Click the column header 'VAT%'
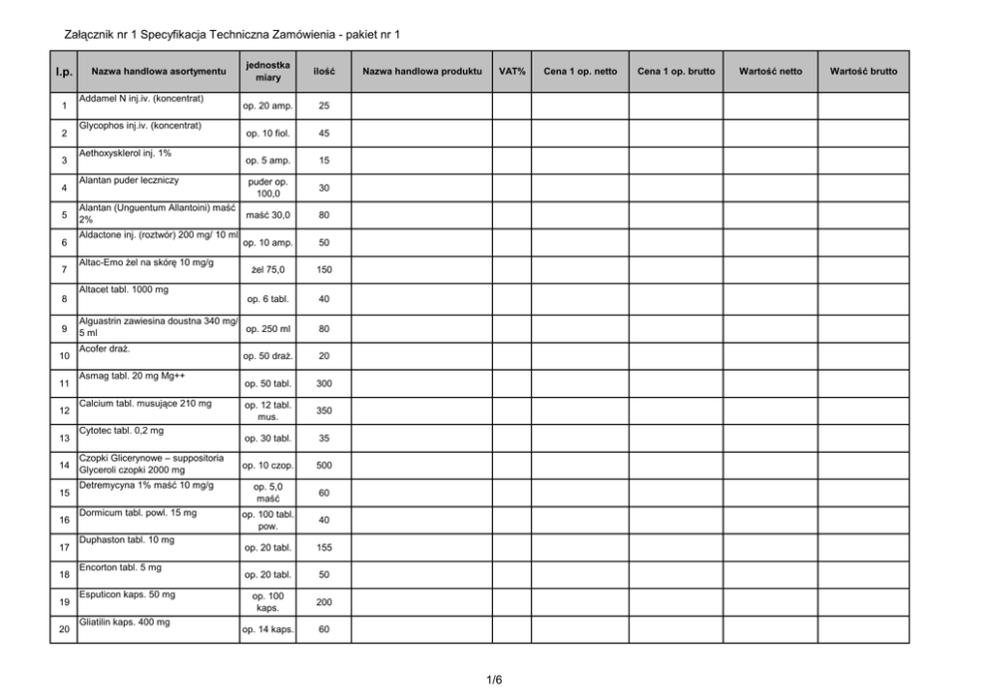click(512, 72)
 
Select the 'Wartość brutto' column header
click(862, 72)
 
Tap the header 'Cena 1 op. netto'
click(580, 72)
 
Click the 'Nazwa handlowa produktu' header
click(422, 72)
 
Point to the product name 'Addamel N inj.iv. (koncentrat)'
click(141, 99)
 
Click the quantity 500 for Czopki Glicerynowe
click(323, 465)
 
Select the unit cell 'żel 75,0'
click(268, 270)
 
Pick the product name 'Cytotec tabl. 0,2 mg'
click(121, 430)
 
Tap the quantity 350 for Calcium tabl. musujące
click(323, 410)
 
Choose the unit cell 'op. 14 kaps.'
click(268, 630)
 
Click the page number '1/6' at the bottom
click(495, 680)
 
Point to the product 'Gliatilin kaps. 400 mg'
click(125, 622)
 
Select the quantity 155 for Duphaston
click(323, 547)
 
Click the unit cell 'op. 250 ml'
click(268, 328)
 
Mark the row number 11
click(64, 383)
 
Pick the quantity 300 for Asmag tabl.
click(323, 383)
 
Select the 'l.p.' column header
click(64, 72)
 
